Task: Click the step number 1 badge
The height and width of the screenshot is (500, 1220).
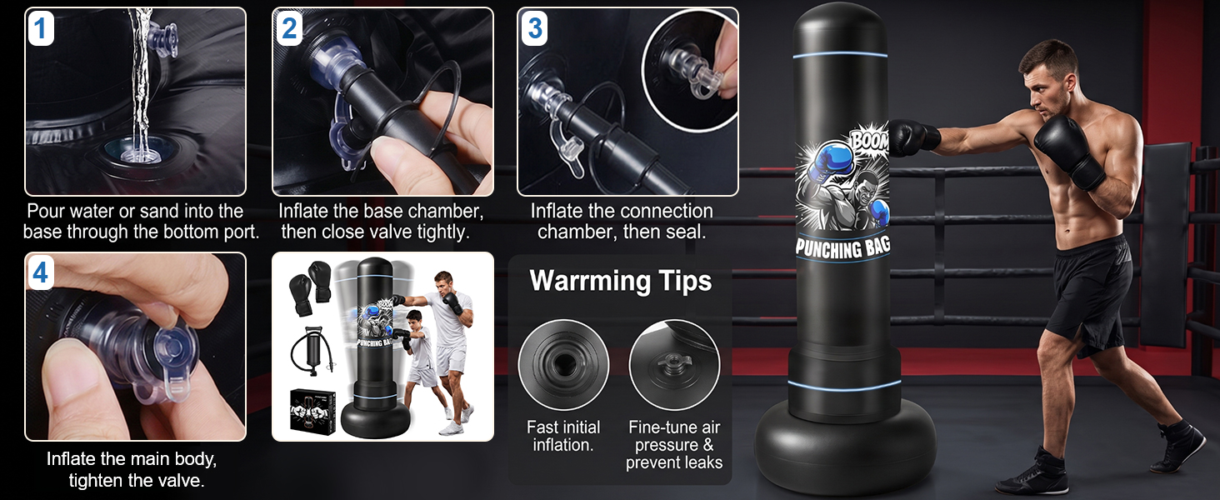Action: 40,28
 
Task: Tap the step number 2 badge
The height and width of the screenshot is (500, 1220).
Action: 288,28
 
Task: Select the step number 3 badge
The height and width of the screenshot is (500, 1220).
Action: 534,28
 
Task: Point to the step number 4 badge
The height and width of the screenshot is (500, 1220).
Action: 40,272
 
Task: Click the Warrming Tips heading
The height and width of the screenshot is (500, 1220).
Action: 620,281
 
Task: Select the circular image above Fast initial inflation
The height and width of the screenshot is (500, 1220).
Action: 563,364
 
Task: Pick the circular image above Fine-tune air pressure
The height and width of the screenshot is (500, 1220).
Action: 674,364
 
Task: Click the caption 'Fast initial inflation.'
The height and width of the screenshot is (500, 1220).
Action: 563,436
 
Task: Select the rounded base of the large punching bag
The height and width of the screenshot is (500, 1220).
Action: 845,447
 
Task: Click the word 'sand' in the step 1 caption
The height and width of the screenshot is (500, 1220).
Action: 161,212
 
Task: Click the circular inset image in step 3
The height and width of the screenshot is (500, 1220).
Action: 689,71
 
